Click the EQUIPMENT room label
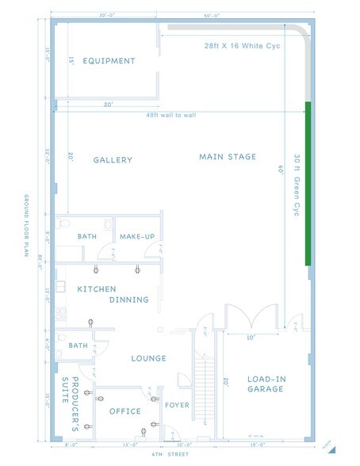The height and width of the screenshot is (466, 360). coord(109,61)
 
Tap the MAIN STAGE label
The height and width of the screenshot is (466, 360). coord(228,157)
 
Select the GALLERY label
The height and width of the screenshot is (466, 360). coord(113,160)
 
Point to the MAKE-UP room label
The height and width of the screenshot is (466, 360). coord(136,237)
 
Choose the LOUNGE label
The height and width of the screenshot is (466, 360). coord(149,358)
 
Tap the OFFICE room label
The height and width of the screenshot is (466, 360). coord(124,411)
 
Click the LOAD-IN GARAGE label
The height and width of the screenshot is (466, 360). coord(266,384)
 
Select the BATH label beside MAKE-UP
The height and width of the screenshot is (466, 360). coord(86,237)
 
